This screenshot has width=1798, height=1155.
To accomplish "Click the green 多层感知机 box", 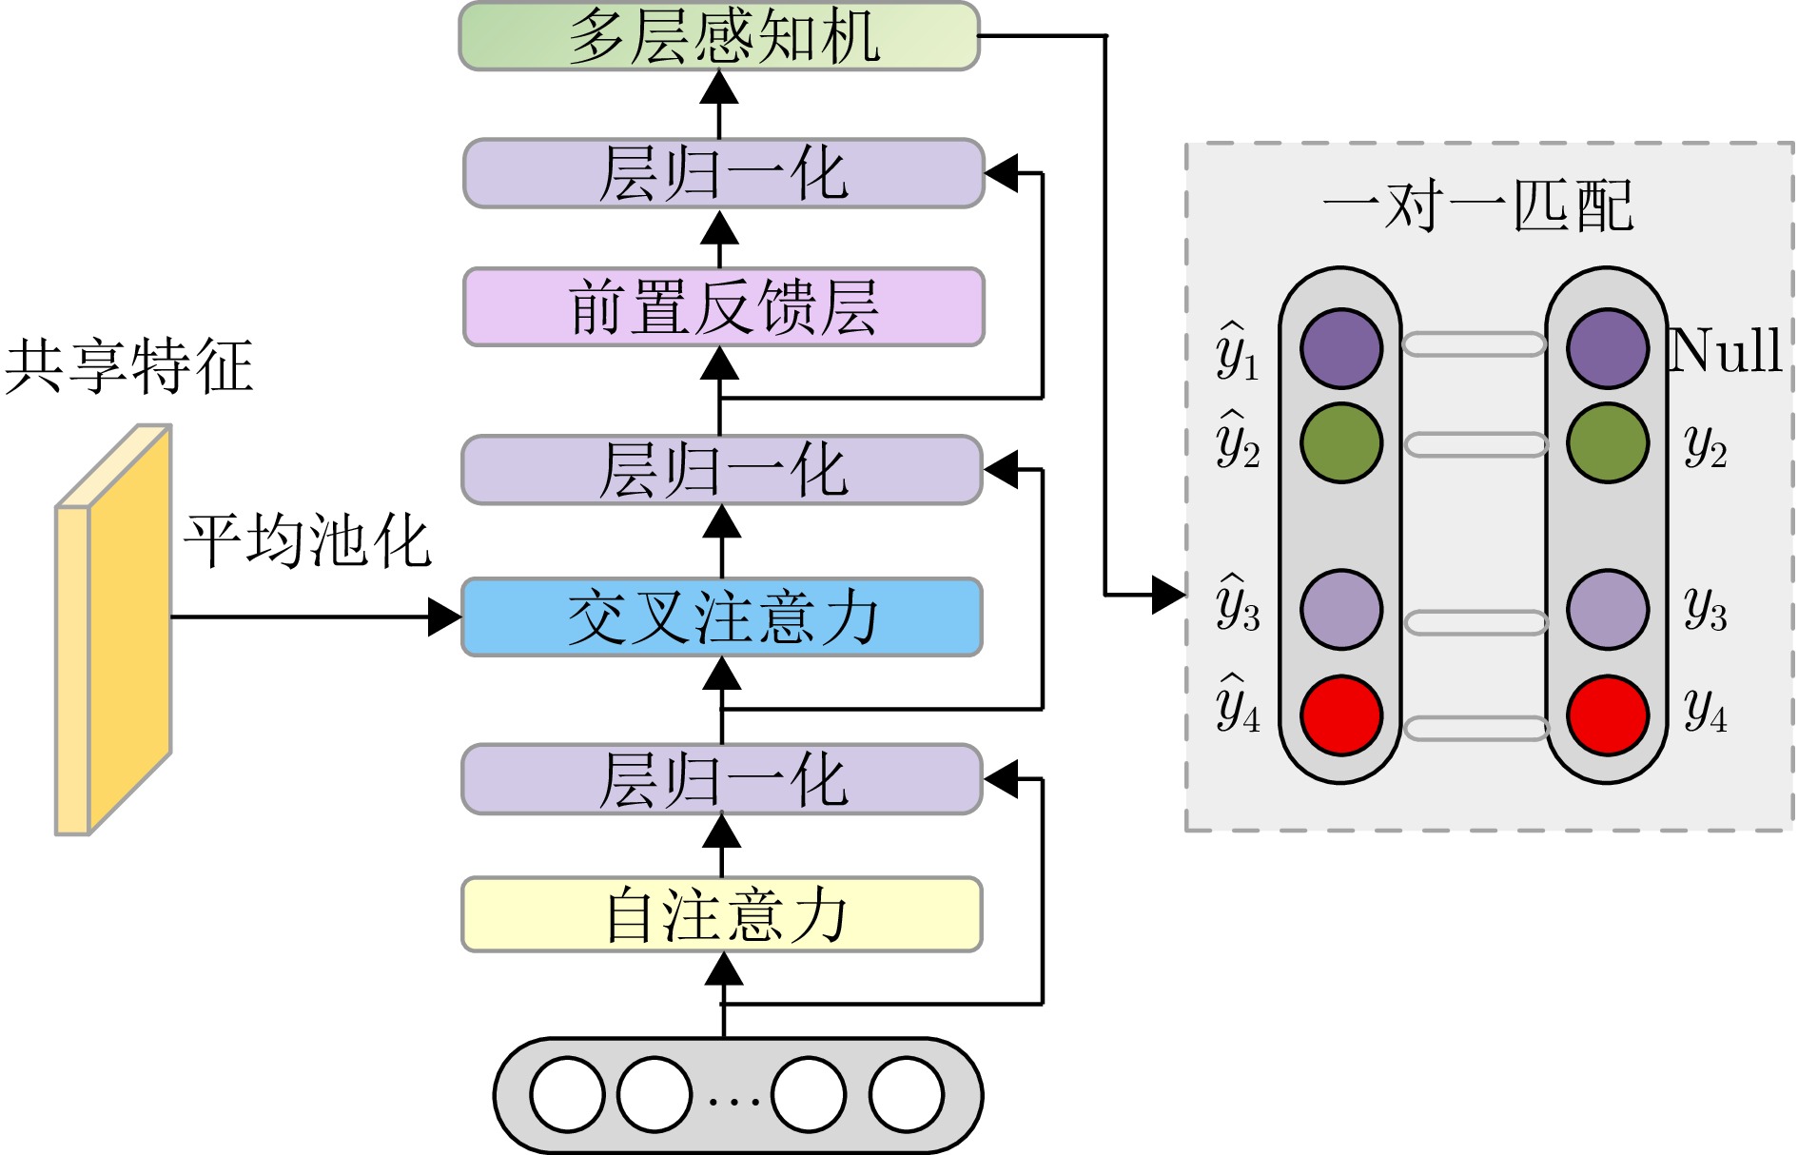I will pos(719,36).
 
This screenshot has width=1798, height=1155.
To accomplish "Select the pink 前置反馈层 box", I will pos(723,306).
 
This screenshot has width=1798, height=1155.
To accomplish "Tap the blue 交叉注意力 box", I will pos(722,617).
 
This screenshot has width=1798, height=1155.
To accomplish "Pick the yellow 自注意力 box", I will pos(722,914).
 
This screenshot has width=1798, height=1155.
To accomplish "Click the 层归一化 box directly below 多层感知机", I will pos(723,173).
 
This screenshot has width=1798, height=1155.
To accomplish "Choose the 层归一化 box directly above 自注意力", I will pos(722,779).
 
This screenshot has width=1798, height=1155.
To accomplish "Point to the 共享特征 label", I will pos(129,366).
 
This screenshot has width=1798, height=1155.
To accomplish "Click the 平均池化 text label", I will pos(307,541).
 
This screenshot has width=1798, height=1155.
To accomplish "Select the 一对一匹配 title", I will pos(1477,206).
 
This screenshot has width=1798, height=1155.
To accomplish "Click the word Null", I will pos(1725,350).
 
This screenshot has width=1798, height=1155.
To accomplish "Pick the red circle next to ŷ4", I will pos(1341,715).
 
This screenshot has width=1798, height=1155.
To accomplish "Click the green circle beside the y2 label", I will pos(1608,443).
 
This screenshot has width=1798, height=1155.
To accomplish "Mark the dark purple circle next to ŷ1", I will pos(1341,348).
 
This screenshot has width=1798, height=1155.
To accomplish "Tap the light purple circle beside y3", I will pos(1608,610).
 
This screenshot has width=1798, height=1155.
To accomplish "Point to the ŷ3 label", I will pos(1238,604).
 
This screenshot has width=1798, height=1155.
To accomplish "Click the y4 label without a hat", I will pos(1705,710).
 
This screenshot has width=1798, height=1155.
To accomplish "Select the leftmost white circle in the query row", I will pos(568,1095).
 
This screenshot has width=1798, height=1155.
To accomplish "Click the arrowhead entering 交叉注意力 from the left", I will pos(444,617).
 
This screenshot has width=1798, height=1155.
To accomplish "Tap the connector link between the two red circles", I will pos(1476,729).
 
